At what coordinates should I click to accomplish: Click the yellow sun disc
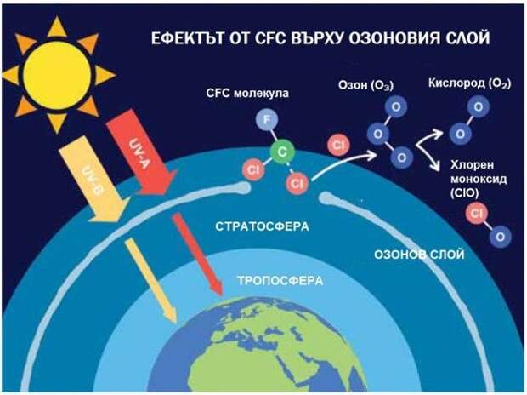pos(57,75)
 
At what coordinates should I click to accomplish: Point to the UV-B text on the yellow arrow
pos(93,180)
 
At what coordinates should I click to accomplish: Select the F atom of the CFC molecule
pos(267,120)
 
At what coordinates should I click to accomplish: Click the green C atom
pos(282,152)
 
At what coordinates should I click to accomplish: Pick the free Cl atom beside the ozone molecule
pos(338,145)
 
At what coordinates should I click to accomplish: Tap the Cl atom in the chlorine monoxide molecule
pos(477,213)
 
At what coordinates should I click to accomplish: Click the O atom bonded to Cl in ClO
pos(500,237)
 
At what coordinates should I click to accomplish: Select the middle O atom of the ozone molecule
pos(377,134)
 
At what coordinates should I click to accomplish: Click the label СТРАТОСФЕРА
pos(262,226)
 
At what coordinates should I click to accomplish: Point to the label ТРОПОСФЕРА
pos(280,281)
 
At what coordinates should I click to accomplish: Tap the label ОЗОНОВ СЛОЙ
pos(419,255)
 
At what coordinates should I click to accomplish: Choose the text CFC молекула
pos(247,93)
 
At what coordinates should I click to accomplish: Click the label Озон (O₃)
pos(365,85)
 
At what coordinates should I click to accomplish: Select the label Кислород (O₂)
pos(469,83)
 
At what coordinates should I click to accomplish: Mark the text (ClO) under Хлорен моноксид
pos(464,193)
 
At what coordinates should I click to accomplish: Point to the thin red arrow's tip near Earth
pos(220,295)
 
